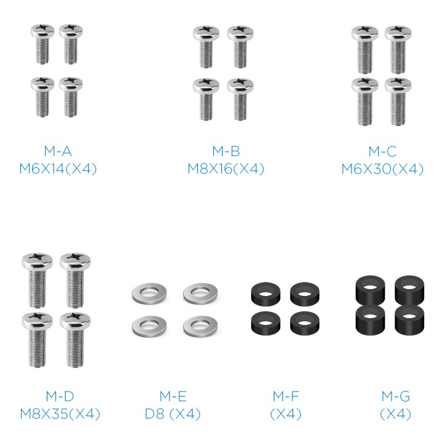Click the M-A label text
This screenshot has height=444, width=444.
58,151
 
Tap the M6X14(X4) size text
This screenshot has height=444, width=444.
58,169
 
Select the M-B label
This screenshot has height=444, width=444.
226,151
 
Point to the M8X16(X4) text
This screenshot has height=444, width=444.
226,169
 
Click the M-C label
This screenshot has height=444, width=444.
382,151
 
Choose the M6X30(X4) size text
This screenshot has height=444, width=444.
382,169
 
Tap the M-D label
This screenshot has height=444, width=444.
60,396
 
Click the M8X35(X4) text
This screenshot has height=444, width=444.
60,414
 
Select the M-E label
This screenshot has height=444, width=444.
173,396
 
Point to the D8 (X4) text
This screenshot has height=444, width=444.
173,414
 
